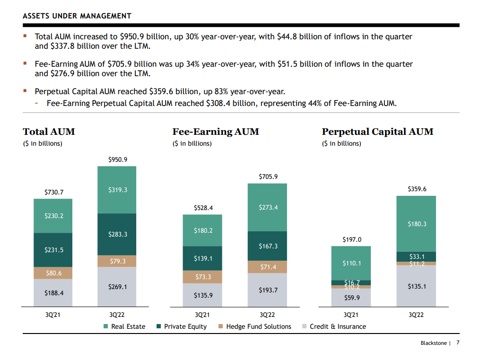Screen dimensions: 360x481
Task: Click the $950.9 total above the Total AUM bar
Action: tap(117, 159)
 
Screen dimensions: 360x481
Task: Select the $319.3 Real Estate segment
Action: tap(117, 190)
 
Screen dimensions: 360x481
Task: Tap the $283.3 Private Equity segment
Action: tap(117, 234)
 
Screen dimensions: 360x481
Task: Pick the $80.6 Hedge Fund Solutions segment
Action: tap(53, 273)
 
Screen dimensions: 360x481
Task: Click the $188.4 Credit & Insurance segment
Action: tap(53, 293)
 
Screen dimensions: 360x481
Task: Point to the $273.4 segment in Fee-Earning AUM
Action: tap(268, 207)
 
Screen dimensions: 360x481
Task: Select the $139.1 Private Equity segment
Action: tap(203, 259)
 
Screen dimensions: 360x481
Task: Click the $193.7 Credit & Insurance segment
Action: tap(268, 290)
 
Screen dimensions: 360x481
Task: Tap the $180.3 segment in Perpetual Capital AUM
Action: tap(417, 224)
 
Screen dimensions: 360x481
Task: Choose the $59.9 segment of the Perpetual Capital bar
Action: tap(351, 298)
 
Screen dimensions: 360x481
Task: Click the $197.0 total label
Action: tap(351, 240)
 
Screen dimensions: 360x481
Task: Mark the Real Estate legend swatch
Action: tap(106, 326)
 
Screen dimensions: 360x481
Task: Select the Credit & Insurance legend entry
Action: tap(338, 326)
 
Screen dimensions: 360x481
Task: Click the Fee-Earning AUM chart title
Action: tap(216, 132)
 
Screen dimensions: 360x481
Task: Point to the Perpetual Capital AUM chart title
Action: tap(377, 132)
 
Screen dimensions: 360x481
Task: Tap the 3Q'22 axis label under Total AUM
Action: tap(117, 315)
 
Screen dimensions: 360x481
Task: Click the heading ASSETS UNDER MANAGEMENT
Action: tap(77, 16)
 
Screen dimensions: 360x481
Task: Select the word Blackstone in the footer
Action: tap(433, 343)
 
